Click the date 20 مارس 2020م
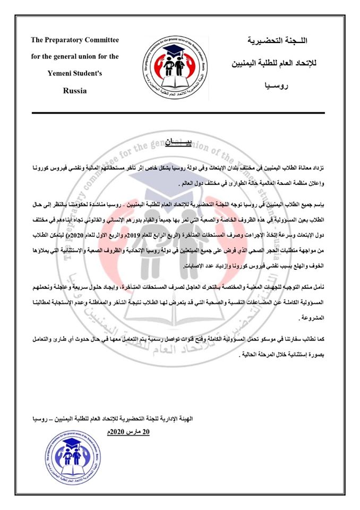pyautogui.click(x=126, y=431)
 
